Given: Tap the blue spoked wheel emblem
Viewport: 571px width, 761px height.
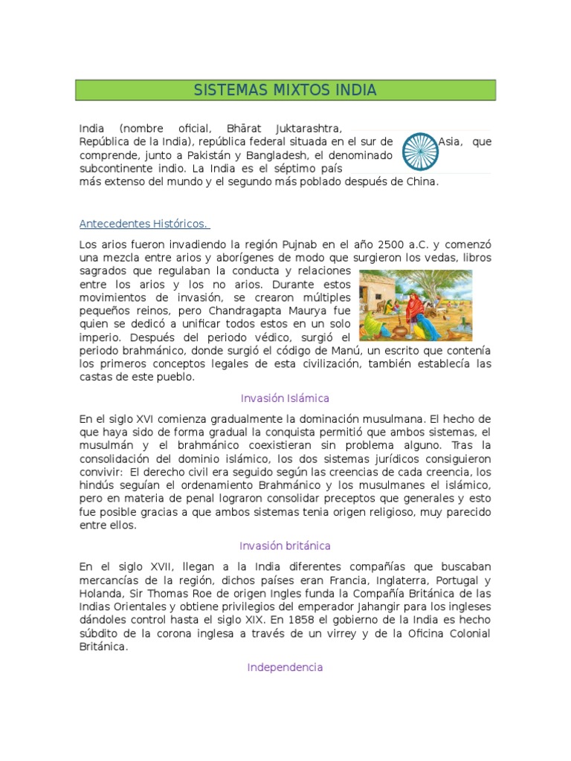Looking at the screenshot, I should [419, 151].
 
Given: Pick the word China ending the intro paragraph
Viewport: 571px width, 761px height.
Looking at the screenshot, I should [421, 181].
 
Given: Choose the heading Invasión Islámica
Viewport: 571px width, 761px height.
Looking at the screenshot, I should [285, 398].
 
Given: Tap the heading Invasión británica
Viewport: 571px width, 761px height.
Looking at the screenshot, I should [285, 546].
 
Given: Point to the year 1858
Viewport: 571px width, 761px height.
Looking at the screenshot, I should [300, 620].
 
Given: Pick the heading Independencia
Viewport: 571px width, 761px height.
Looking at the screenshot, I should [285, 667].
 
